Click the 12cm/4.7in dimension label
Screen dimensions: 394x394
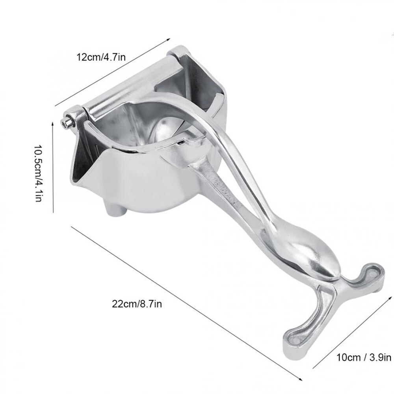pyautogui.click(x=101, y=57)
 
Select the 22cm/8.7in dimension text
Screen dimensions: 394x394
pyautogui.click(x=136, y=303)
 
